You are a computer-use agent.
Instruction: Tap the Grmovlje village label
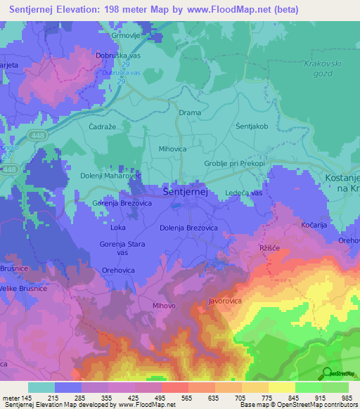pyautogui.click(x=127, y=34)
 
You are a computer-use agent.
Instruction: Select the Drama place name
pyautogui.click(x=190, y=112)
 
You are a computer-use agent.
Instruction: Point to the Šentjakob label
pyautogui.click(x=252, y=126)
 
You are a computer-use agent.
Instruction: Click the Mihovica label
pyautogui.click(x=172, y=149)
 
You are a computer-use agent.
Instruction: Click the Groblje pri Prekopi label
pyautogui.click(x=234, y=164)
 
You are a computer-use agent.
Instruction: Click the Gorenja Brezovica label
pyautogui.click(x=122, y=203)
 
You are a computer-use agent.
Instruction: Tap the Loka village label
pyautogui.click(x=118, y=228)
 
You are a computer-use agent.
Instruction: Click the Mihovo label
pyautogui.click(x=164, y=306)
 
